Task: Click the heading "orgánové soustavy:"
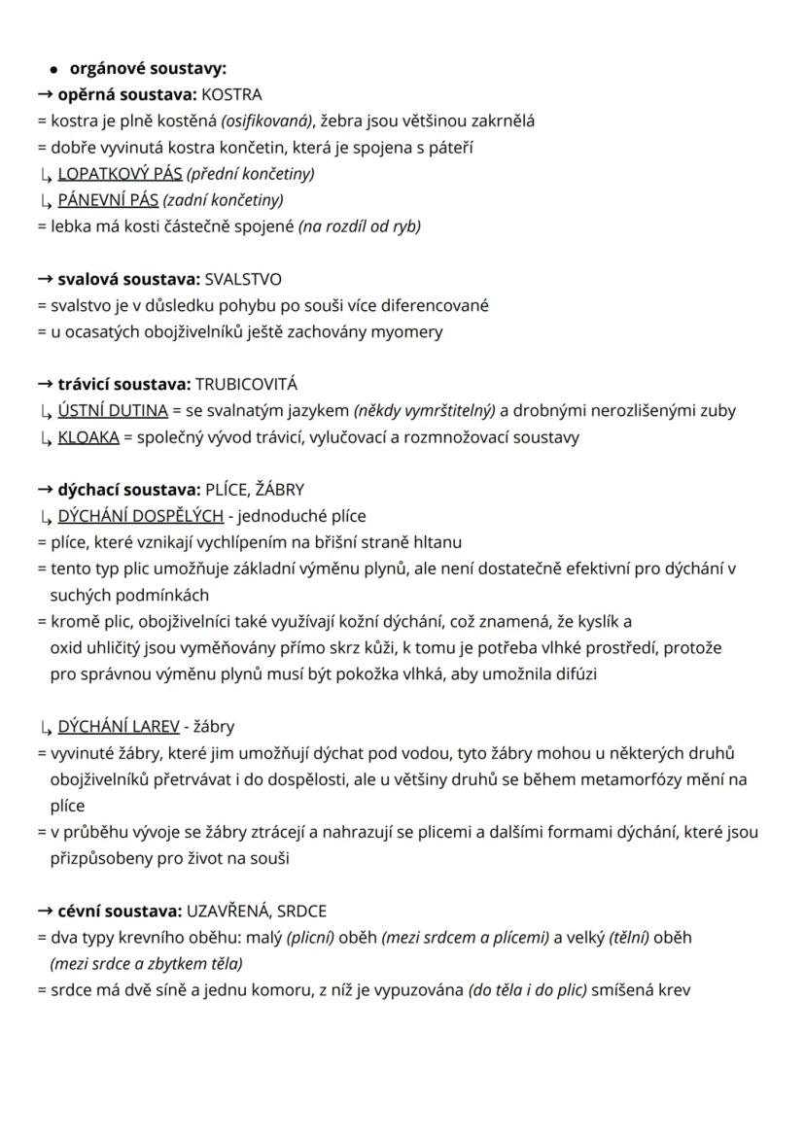(x=147, y=69)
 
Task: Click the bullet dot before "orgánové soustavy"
(x=56, y=70)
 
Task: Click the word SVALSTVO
(x=243, y=279)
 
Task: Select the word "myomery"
(x=410, y=331)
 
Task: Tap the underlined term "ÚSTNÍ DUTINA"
(x=113, y=410)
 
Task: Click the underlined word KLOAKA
(x=88, y=436)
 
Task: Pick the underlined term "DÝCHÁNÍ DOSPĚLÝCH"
(x=140, y=515)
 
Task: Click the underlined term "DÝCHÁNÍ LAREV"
(x=119, y=726)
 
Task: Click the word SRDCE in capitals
(x=301, y=911)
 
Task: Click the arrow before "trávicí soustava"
(x=45, y=384)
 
